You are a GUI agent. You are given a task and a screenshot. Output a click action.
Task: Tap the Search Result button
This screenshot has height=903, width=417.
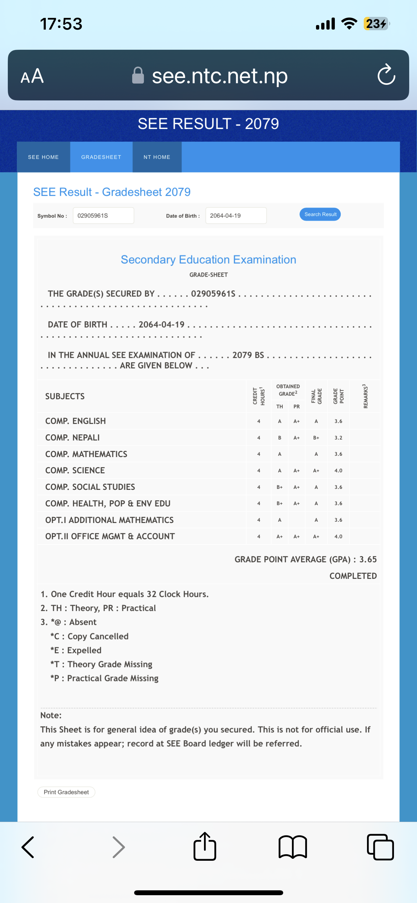point(320,214)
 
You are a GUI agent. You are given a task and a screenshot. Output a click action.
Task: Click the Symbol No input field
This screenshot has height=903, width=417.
point(103,216)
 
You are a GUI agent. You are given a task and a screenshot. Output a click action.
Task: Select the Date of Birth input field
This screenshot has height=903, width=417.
point(236,216)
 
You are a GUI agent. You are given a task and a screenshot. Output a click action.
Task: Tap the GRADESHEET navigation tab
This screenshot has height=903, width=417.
point(101,157)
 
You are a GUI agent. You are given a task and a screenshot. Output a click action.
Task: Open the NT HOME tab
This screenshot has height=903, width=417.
point(157,157)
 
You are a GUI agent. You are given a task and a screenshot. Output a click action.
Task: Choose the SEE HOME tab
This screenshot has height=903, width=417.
point(44,157)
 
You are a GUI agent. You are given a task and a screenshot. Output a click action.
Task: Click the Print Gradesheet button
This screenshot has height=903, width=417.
point(66,792)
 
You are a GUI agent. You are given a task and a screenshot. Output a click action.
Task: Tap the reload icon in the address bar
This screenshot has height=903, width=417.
point(386,75)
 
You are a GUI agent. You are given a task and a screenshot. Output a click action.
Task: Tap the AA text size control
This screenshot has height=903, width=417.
point(32,76)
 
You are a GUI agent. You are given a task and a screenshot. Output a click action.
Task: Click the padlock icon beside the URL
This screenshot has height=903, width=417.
point(138,75)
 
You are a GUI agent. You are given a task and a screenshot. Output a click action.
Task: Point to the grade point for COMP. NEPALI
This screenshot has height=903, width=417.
point(338,438)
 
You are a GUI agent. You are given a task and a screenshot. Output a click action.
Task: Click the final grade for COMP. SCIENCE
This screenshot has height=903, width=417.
point(316,470)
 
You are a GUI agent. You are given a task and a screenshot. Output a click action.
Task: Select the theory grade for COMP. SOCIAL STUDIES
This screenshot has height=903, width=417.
point(279,487)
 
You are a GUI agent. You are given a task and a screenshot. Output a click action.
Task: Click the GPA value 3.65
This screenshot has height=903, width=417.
point(368,559)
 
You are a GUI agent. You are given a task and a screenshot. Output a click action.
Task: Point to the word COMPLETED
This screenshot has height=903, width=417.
point(353,576)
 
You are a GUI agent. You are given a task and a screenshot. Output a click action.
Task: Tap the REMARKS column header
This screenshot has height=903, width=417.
point(366,396)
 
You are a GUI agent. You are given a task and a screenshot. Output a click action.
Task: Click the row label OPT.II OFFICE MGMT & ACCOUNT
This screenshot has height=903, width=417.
point(110,536)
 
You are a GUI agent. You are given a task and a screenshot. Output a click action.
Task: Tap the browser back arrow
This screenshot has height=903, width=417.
point(28,847)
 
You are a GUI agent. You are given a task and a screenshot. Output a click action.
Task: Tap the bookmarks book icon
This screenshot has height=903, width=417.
point(293,847)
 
